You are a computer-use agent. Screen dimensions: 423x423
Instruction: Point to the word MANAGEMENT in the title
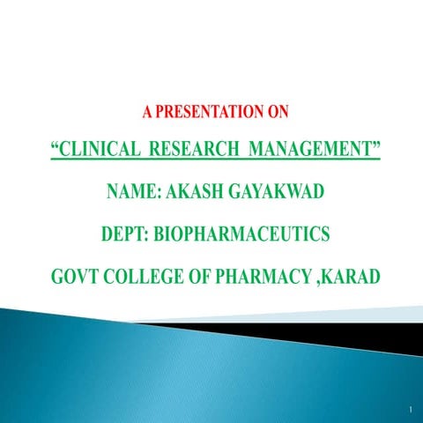[x=308, y=146]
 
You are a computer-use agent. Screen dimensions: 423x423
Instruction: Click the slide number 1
[x=411, y=411]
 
